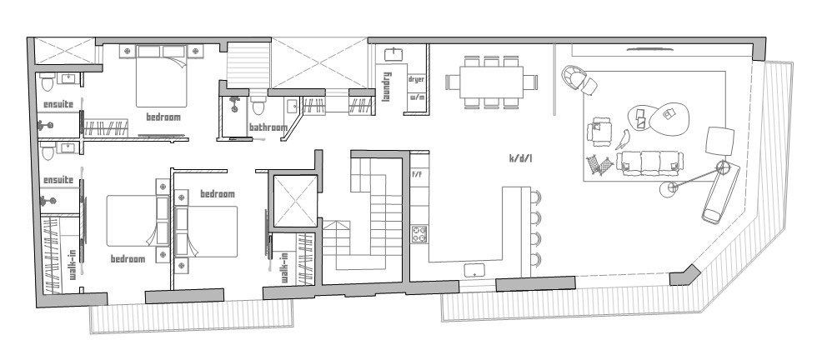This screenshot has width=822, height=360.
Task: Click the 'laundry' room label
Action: tap(387, 86)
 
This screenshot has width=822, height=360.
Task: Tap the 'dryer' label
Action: tap(416, 80)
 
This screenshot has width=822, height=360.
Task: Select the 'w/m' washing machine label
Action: tap(416, 97)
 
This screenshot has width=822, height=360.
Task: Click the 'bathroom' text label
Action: tap(268, 127)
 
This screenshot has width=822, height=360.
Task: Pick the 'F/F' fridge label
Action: tap(418, 174)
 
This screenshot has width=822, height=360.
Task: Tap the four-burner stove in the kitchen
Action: tap(419, 233)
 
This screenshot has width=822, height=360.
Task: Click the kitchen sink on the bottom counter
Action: tap(474, 270)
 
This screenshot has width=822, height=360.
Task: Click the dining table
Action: tap(492, 82)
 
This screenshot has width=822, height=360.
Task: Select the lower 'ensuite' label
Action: tap(58, 180)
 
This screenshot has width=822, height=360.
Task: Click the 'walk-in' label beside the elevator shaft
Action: tap(284, 267)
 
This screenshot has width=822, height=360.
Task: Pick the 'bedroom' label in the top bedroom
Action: tap(163, 117)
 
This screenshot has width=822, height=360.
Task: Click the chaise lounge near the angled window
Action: tap(721, 192)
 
